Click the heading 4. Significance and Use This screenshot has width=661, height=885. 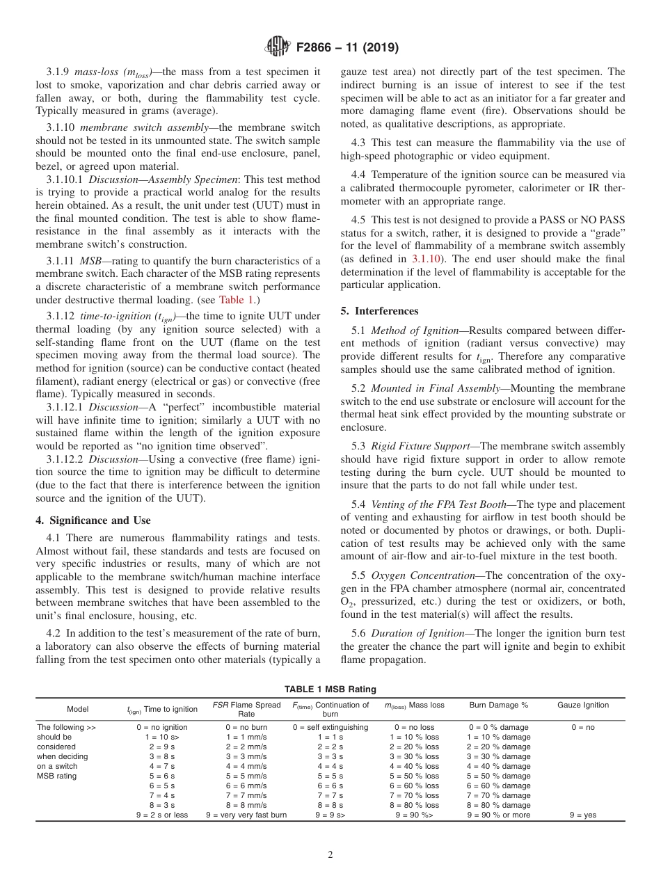[x=93, y=520]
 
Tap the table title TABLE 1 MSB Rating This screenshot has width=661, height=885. [x=330, y=689]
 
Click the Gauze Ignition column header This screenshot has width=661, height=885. [x=583, y=705]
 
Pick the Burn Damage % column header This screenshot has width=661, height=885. [x=498, y=705]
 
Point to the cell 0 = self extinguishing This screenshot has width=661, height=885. [x=330, y=727]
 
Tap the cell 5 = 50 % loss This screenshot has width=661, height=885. [x=414, y=776]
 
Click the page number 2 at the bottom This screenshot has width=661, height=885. [x=330, y=855]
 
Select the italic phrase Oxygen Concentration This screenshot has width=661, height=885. [x=413, y=575]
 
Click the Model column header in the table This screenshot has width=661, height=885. [x=78, y=709]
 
